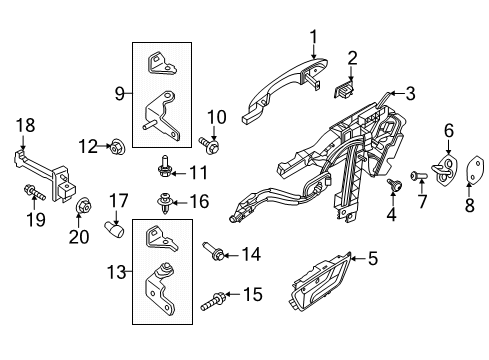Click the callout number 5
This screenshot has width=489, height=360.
click(x=372, y=259)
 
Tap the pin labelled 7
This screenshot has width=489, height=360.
click(x=415, y=176)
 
